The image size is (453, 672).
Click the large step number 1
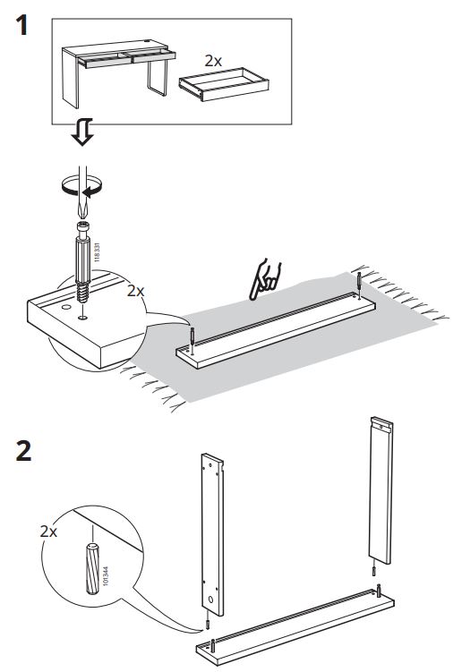click(x=21, y=25)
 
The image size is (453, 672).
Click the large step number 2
click(x=23, y=451)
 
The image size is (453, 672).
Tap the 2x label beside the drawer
click(x=213, y=61)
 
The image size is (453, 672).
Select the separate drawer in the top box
click(x=224, y=83)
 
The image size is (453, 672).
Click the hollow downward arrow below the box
click(x=82, y=132)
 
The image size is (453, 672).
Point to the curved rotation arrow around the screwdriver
click(x=82, y=187)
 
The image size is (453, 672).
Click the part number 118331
click(x=97, y=252)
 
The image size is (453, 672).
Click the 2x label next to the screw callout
click(x=135, y=291)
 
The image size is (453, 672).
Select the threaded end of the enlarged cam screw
click(x=82, y=293)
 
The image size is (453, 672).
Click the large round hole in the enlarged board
click(x=66, y=307)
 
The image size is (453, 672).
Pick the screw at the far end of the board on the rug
click(x=359, y=285)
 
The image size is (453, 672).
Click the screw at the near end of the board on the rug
click(x=192, y=340)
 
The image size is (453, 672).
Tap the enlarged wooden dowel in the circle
click(x=93, y=569)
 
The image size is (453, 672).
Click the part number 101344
click(x=106, y=575)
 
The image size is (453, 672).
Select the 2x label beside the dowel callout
click(x=48, y=532)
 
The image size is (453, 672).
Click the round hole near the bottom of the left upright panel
click(x=210, y=599)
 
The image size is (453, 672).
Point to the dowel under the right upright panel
click(x=374, y=572)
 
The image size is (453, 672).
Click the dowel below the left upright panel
click(x=207, y=625)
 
